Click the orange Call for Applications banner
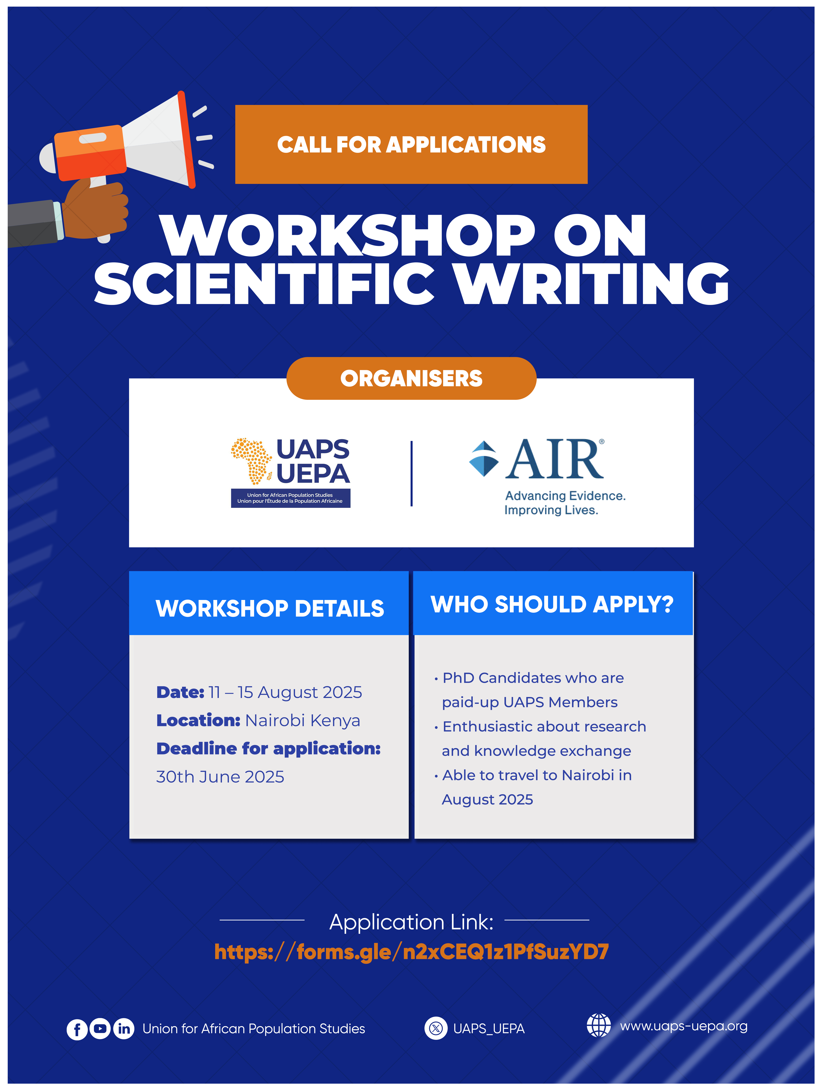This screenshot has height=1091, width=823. [x=411, y=145]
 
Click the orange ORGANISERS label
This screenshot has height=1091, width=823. [x=411, y=378]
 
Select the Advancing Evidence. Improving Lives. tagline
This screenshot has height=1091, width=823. [x=565, y=503]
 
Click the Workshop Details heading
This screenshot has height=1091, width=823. [x=270, y=608]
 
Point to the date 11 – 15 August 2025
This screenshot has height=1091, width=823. [x=285, y=692]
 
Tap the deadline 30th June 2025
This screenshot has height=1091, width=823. [x=220, y=777]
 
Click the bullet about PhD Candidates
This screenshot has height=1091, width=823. [x=529, y=690]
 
